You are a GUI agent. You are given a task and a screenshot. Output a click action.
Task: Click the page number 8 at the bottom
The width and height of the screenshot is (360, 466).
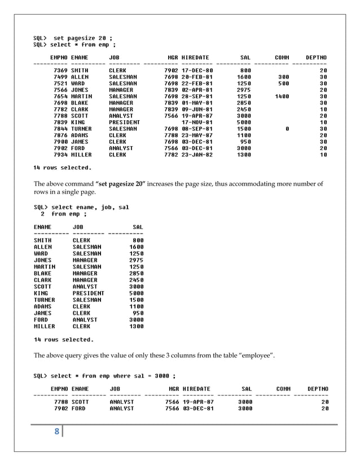tap(56, 433)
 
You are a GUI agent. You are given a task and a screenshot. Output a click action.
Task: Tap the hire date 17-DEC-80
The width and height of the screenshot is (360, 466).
tap(196, 71)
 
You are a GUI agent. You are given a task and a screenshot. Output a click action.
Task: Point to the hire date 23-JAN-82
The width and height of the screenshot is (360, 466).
tap(196, 155)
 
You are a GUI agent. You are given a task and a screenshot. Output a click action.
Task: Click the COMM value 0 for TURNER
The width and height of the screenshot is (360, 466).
tap(287, 129)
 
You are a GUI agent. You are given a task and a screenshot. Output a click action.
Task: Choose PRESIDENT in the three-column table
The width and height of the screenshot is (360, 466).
tap(89, 293)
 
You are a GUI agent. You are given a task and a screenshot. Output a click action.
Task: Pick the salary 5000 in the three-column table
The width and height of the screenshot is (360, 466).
tap(136, 293)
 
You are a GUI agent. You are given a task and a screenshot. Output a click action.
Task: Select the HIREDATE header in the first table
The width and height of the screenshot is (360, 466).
tap(195, 58)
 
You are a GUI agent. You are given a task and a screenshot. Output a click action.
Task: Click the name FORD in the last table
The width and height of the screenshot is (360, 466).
tap(78, 408)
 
